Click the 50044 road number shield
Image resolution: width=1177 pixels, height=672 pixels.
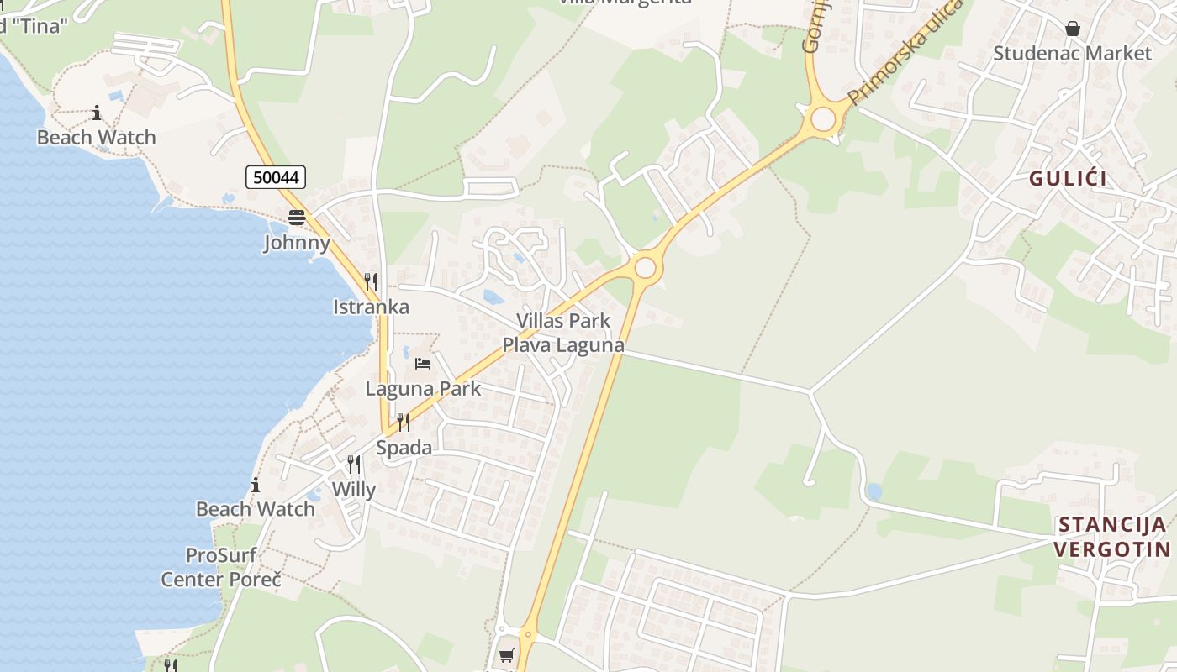pyautogui.click(x=276, y=177)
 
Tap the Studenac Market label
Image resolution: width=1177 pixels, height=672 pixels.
pyautogui.click(x=1072, y=53)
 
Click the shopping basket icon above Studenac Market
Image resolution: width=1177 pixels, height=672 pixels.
pyautogui.click(x=1073, y=29)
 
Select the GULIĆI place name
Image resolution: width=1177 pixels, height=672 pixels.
pyautogui.click(x=1068, y=178)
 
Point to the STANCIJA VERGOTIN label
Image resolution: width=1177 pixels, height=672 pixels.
pyautogui.click(x=1111, y=537)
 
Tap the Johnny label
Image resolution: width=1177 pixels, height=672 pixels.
pyautogui.click(x=297, y=244)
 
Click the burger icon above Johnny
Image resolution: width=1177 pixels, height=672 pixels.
pyautogui.click(x=296, y=218)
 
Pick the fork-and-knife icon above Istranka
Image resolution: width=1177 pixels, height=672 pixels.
pyautogui.click(x=371, y=281)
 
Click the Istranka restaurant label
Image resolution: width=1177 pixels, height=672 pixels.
pyautogui.click(x=371, y=307)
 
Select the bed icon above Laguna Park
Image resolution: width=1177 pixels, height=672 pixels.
pyautogui.click(x=423, y=364)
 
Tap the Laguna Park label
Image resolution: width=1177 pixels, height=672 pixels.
pyautogui.click(x=423, y=388)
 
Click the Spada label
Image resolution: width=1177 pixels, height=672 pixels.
pyautogui.click(x=404, y=448)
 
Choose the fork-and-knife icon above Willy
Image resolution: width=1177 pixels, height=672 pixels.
pyautogui.click(x=354, y=465)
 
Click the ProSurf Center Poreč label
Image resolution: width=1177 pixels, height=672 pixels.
pyautogui.click(x=221, y=567)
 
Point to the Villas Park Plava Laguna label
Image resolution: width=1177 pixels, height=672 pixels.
pyautogui.click(x=563, y=333)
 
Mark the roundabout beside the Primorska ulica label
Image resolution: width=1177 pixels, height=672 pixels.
pyautogui.click(x=823, y=119)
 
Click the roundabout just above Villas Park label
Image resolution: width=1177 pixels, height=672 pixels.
pyautogui.click(x=645, y=268)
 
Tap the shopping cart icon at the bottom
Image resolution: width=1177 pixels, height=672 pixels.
pyautogui.click(x=506, y=655)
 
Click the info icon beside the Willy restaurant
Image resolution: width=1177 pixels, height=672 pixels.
pyautogui.click(x=256, y=485)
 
